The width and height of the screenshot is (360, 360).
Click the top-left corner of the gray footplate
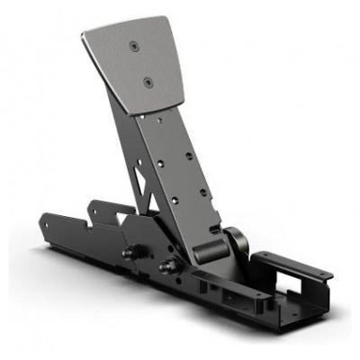click(83, 34)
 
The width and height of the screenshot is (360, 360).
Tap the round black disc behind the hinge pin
click(237, 241)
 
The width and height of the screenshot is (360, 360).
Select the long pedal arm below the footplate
click(180, 171)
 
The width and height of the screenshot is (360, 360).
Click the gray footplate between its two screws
click(139, 62)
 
